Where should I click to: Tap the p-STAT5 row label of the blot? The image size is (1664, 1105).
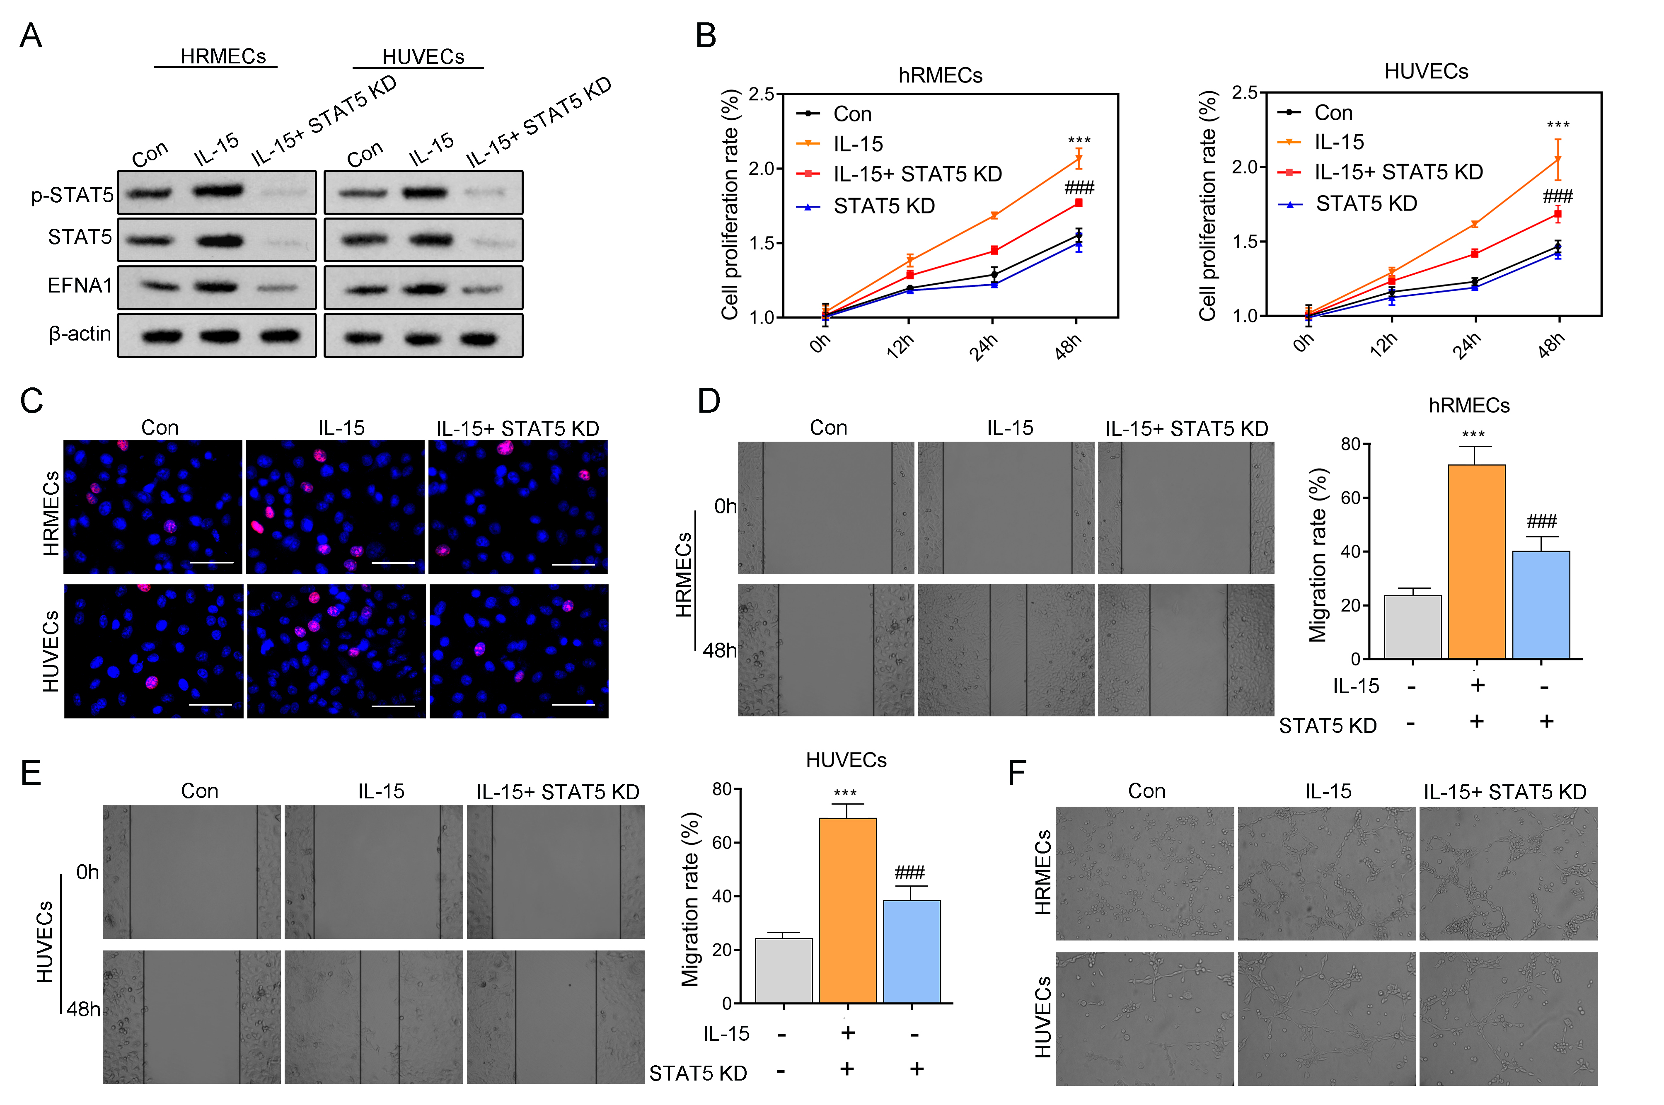point(72,194)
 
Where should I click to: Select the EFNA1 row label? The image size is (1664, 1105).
point(80,285)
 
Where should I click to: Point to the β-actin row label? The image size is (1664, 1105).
point(80,334)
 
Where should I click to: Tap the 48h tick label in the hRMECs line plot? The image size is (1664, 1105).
point(1069,347)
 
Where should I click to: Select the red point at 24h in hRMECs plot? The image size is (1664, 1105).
point(994,250)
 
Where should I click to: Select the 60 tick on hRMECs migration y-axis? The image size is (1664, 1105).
point(1350,498)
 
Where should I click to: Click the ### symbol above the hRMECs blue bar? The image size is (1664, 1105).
point(1541,522)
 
